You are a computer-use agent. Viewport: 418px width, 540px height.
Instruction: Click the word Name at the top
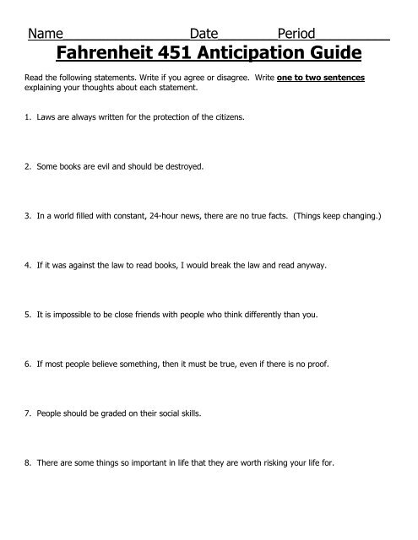tap(46, 34)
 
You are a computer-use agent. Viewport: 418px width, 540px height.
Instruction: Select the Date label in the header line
tap(204, 34)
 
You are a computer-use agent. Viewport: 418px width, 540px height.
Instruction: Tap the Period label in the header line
tap(296, 34)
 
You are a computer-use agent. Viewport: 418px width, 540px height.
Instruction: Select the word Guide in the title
tap(338, 55)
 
